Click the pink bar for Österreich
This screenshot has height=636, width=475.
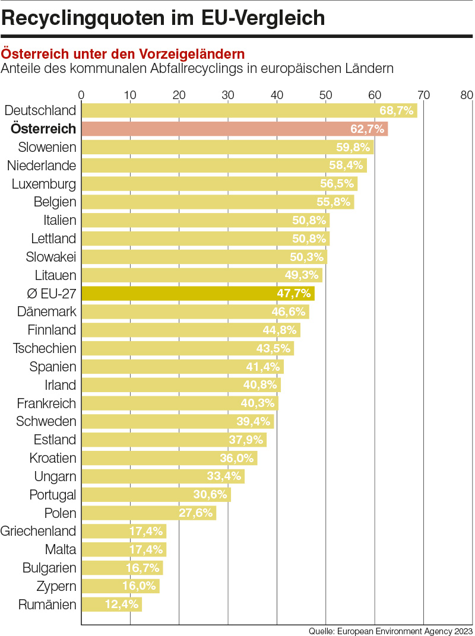(x=234, y=129)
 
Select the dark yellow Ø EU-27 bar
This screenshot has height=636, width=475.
(x=198, y=294)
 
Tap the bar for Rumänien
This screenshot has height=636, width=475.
(x=111, y=605)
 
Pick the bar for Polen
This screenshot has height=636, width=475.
(x=148, y=513)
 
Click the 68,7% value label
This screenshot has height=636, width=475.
(x=396, y=111)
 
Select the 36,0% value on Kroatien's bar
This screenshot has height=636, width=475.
(x=237, y=459)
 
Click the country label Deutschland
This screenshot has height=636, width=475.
(x=40, y=111)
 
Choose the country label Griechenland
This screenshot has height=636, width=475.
(x=39, y=531)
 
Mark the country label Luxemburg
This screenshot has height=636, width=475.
(x=44, y=184)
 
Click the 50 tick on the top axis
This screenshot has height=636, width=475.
(x=325, y=95)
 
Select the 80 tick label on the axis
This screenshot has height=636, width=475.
(x=467, y=95)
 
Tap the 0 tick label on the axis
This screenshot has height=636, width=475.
(x=81, y=95)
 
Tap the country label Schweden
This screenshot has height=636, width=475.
(x=46, y=422)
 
